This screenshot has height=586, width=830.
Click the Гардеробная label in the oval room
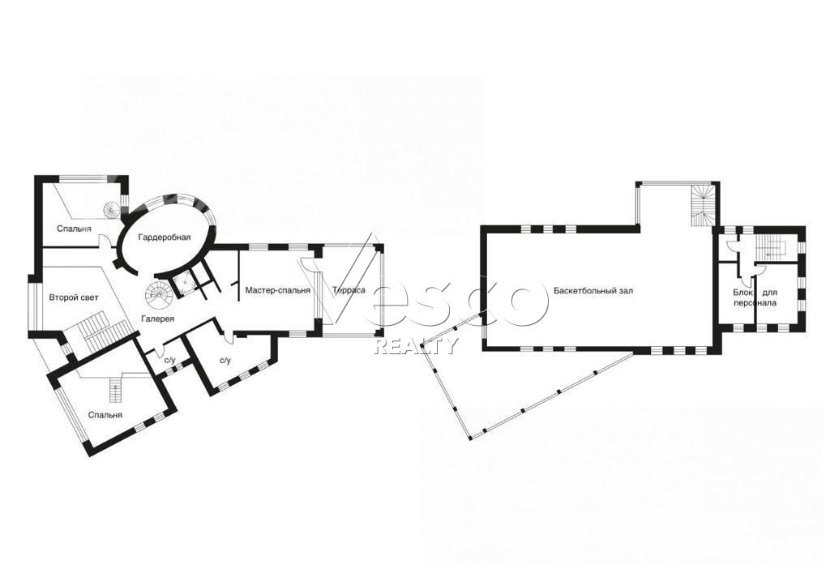(164, 237)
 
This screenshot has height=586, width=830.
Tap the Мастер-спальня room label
(277, 290)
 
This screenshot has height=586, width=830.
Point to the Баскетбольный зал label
(593, 291)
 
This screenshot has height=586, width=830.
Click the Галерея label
(158, 319)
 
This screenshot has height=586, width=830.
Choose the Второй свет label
(74, 297)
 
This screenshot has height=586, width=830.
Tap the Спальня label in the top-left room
(74, 229)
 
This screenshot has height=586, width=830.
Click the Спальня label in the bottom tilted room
(105, 414)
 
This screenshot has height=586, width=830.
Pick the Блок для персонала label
(755, 297)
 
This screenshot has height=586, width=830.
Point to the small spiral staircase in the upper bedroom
(112, 212)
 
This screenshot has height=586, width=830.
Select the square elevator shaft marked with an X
(184, 284)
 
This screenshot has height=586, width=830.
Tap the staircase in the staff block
(772, 246)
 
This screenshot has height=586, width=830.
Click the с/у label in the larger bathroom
(225, 361)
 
